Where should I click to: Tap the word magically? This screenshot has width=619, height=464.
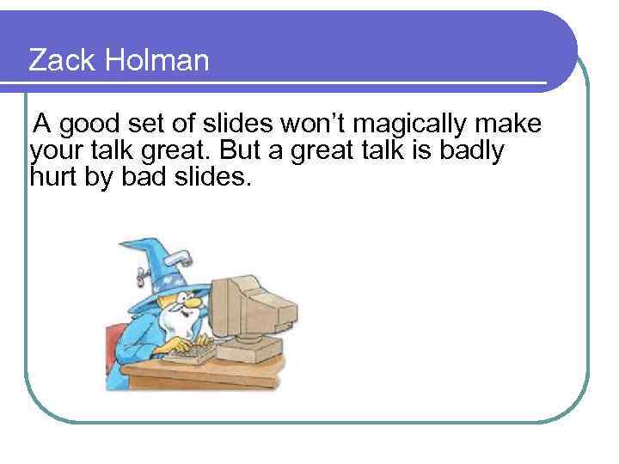coord(410,125)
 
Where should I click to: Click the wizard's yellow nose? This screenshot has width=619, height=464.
coord(194,302)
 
